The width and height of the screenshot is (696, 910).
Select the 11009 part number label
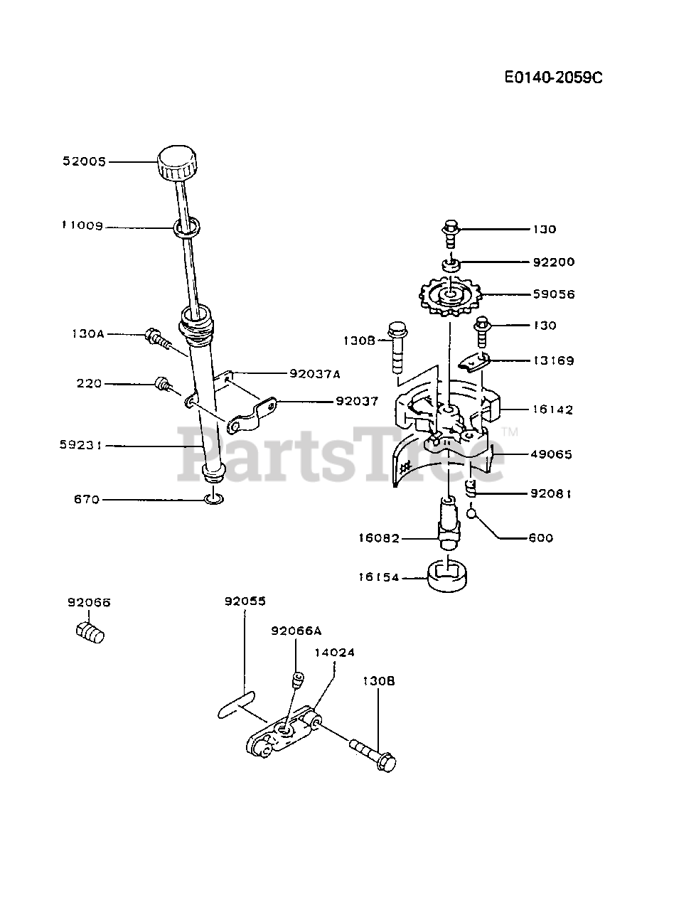[82, 226]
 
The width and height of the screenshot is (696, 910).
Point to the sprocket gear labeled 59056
[450, 294]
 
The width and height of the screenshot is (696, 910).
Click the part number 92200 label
[554, 262]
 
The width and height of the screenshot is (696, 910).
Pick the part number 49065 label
[552, 454]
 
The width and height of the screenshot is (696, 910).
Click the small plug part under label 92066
[90, 631]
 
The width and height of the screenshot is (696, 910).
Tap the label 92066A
[296, 630]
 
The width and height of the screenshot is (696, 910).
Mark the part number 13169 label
[554, 360]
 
